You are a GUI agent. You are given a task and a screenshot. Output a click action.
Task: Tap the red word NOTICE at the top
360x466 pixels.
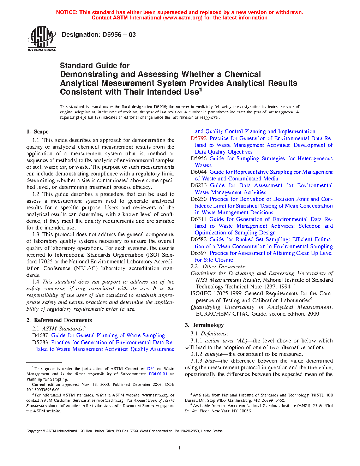(67, 12)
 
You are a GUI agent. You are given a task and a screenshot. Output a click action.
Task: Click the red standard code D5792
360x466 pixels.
(198, 138)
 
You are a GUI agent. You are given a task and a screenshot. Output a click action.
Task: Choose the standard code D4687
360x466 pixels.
(40, 335)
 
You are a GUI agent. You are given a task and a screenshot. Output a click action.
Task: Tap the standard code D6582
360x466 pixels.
(198, 239)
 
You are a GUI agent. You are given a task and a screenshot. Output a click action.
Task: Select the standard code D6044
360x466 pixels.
(198, 172)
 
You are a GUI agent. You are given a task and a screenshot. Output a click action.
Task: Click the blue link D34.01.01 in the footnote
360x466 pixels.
(158, 374)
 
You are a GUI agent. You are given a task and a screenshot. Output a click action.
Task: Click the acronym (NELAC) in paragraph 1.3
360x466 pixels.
(85, 268)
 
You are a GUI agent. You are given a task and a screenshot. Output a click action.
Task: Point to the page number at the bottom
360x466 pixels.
(180, 448)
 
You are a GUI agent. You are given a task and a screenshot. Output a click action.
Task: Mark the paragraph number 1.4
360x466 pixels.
(36, 282)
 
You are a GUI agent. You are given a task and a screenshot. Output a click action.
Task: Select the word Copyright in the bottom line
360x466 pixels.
(34, 431)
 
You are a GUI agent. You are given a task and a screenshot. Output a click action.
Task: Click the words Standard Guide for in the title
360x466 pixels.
(95, 66)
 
